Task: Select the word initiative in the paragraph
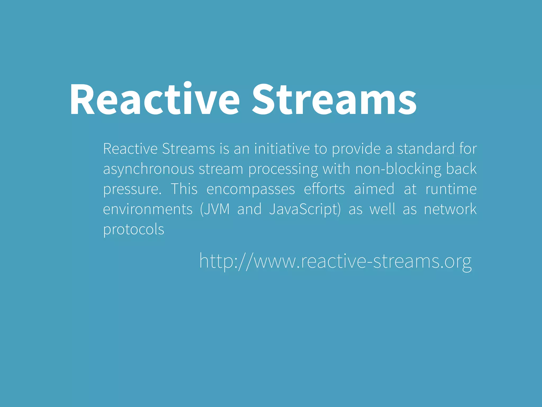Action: (282, 149)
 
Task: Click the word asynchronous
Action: (148, 169)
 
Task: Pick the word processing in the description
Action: (283, 169)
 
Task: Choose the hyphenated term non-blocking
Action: (398, 169)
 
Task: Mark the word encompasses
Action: (250, 189)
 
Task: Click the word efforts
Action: (324, 189)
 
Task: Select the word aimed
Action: (374, 189)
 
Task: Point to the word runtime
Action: (451, 189)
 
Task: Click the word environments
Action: (148, 209)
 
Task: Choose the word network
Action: (450, 209)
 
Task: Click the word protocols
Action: (134, 229)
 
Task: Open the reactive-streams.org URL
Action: (335, 261)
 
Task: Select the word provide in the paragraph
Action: (356, 149)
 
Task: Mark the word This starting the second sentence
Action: (184, 189)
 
